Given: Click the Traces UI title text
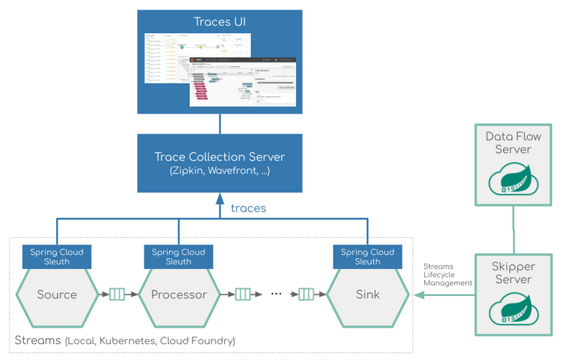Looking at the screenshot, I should click(220, 22).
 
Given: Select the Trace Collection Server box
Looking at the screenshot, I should click(220, 163).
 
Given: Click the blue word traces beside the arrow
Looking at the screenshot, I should click(248, 208).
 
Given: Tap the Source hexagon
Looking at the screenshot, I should click(57, 295).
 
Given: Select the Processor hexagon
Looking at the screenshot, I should click(178, 295).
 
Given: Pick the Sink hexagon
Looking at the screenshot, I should click(367, 295).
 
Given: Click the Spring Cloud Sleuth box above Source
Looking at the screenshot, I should click(57, 257).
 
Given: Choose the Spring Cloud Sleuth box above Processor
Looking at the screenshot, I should click(178, 257).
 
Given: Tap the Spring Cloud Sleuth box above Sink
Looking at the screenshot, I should click(367, 257).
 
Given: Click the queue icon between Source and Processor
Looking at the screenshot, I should click(117, 294).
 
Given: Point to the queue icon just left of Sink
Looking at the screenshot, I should click(307, 294).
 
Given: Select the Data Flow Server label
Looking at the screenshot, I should click(513, 142).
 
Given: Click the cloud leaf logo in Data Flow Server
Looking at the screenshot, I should click(513, 180).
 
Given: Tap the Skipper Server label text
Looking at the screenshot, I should click(513, 273).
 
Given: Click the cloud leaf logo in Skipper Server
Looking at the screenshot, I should click(513, 311).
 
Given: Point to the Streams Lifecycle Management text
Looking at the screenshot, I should click(447, 274).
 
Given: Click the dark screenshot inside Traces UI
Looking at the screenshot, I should click(242, 82).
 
